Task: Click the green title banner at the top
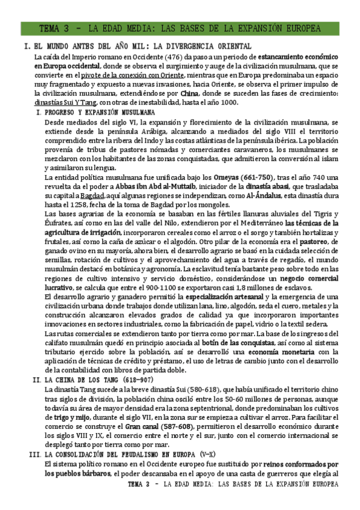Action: coord(180,29)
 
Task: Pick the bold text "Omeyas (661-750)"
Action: coord(241,177)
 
